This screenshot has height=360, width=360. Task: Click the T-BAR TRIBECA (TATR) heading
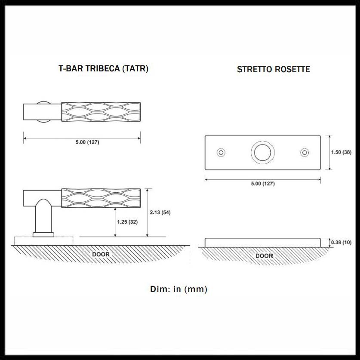click(x=103, y=68)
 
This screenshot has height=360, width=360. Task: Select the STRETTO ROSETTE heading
click(x=273, y=69)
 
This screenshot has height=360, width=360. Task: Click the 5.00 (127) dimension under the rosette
click(x=262, y=184)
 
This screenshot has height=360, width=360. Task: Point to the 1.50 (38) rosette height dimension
click(x=341, y=152)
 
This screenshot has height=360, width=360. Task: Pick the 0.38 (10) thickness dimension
click(x=341, y=243)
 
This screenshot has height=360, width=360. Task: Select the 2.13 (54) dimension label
click(x=160, y=212)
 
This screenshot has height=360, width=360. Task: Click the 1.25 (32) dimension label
click(x=127, y=222)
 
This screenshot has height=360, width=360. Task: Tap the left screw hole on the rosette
click(x=221, y=152)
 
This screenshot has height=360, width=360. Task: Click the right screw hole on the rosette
click(x=305, y=152)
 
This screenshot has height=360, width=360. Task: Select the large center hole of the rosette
click(x=262, y=152)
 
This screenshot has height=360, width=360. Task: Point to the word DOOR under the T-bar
click(x=101, y=254)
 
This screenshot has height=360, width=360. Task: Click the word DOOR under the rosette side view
click(x=264, y=256)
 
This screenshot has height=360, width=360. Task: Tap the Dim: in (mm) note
click(x=178, y=289)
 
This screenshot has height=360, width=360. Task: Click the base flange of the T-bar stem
click(x=43, y=234)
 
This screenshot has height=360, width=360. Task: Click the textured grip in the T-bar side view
click(x=101, y=198)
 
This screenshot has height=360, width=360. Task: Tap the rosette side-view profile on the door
click(x=262, y=242)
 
